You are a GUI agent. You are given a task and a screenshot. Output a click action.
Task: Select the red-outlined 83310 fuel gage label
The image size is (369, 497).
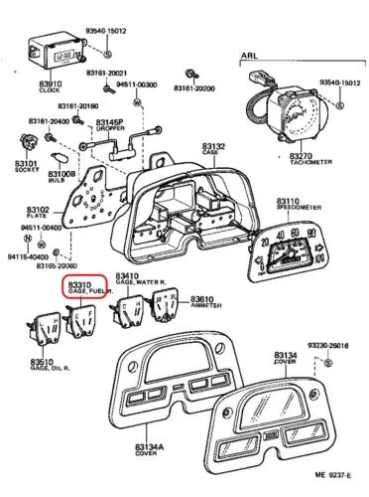click(84, 287)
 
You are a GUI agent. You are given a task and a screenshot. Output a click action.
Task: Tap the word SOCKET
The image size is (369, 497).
click(25, 171)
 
